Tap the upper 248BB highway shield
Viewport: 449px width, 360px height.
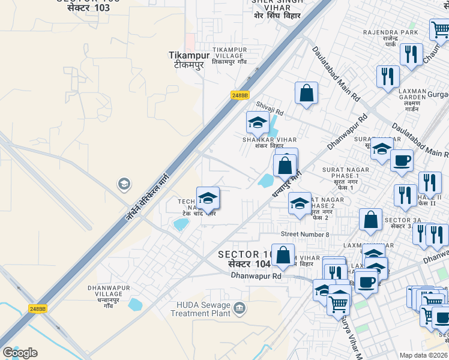click(240, 95)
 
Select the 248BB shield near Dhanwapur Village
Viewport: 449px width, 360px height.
click(37, 309)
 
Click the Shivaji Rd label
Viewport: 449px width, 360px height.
click(270, 107)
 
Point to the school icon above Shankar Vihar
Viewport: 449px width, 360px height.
click(258, 122)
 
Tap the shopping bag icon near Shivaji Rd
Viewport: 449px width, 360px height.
click(306, 94)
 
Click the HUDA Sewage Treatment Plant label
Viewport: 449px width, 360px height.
click(200, 309)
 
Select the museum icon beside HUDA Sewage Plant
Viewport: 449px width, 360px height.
click(240, 308)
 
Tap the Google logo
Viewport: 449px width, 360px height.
click(20, 353)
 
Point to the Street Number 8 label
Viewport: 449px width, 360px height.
click(305, 234)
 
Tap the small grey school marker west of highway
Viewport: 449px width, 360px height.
click(124, 183)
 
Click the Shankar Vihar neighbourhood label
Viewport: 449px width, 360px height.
click(262, 143)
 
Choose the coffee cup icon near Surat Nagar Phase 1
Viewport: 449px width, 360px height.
click(402, 160)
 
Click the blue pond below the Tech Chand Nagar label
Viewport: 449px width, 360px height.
click(179, 225)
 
